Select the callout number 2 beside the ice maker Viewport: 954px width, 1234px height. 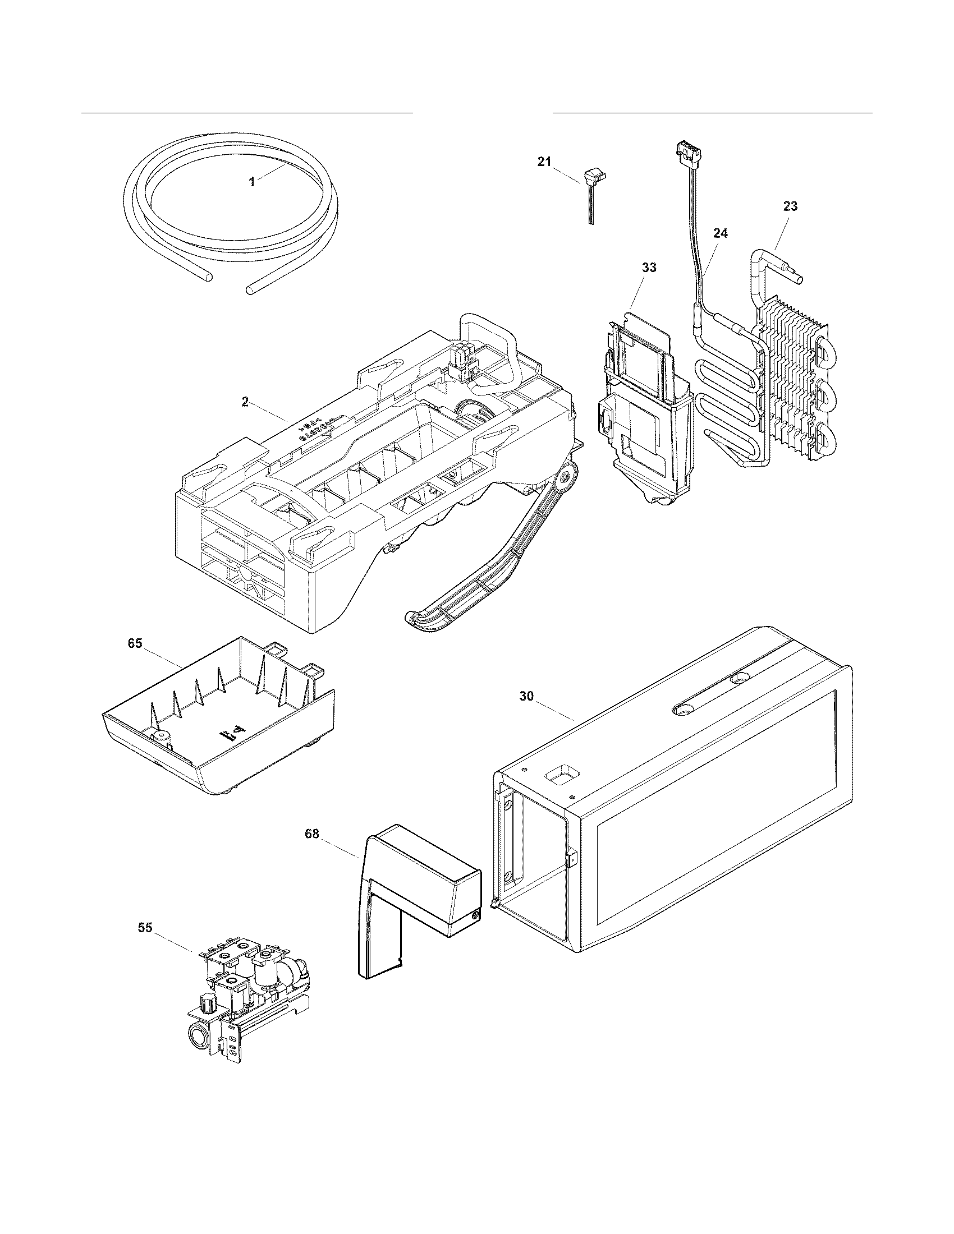[x=245, y=402]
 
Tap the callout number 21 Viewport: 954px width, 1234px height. [x=543, y=162]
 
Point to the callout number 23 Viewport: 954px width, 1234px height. [x=790, y=207]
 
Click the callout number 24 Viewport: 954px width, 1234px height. [x=720, y=233]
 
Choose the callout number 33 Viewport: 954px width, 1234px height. [x=649, y=267]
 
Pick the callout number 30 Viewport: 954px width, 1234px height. [x=526, y=696]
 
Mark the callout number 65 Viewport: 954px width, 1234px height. [x=135, y=643]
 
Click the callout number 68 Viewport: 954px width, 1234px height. [x=311, y=834]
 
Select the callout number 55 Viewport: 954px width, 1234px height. [x=145, y=928]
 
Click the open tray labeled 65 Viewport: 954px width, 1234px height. [x=221, y=729]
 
